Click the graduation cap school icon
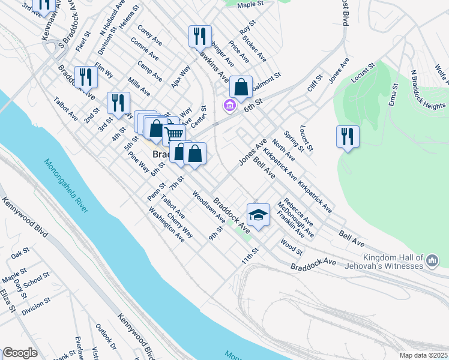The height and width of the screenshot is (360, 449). (258, 215)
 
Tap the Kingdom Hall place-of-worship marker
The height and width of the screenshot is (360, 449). (433, 260)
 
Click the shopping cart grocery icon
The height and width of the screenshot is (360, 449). (173, 134)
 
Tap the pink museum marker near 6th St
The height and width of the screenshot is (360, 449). (229, 106)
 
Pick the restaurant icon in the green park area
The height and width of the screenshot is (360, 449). (348, 136)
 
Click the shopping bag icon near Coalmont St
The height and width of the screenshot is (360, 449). (241, 86)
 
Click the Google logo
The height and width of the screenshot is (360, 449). (20, 353)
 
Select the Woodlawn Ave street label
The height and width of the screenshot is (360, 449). (208, 206)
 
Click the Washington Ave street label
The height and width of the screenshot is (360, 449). (166, 224)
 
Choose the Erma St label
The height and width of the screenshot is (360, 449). (394, 95)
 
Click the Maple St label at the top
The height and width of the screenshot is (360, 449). (250, 4)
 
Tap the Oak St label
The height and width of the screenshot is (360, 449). (20, 253)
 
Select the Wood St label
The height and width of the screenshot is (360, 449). (291, 246)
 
